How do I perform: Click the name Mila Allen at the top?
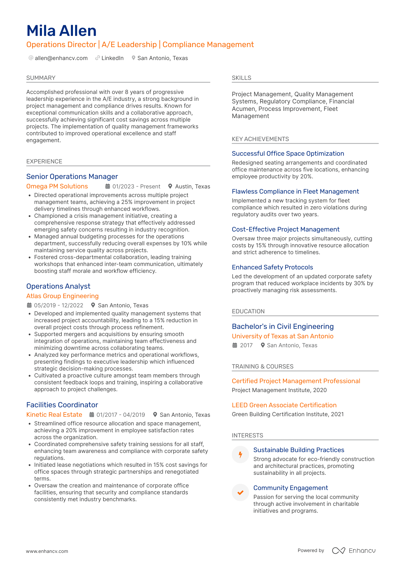[61, 31]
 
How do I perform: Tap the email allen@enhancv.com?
[61, 58]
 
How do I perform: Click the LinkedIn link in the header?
[112, 58]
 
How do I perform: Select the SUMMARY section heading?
[41, 78]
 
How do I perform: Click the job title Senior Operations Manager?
[72, 176]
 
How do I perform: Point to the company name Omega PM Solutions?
[57, 186]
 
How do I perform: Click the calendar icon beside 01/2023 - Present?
[108, 186]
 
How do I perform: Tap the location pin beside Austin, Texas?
[170, 186]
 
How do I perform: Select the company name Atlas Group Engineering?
[62, 296]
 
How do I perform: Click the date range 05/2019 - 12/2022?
[59, 305]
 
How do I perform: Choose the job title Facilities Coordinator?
[62, 405]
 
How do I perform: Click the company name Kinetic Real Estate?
[54, 414]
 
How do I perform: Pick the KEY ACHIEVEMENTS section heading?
[260, 139]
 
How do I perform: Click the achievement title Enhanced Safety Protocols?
[272, 267]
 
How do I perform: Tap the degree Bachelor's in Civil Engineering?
[283, 326]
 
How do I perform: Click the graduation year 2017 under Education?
[246, 345]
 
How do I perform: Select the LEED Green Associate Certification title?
[284, 405]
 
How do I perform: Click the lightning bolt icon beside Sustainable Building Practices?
[240, 454]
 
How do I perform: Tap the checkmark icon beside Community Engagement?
[240, 492]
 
